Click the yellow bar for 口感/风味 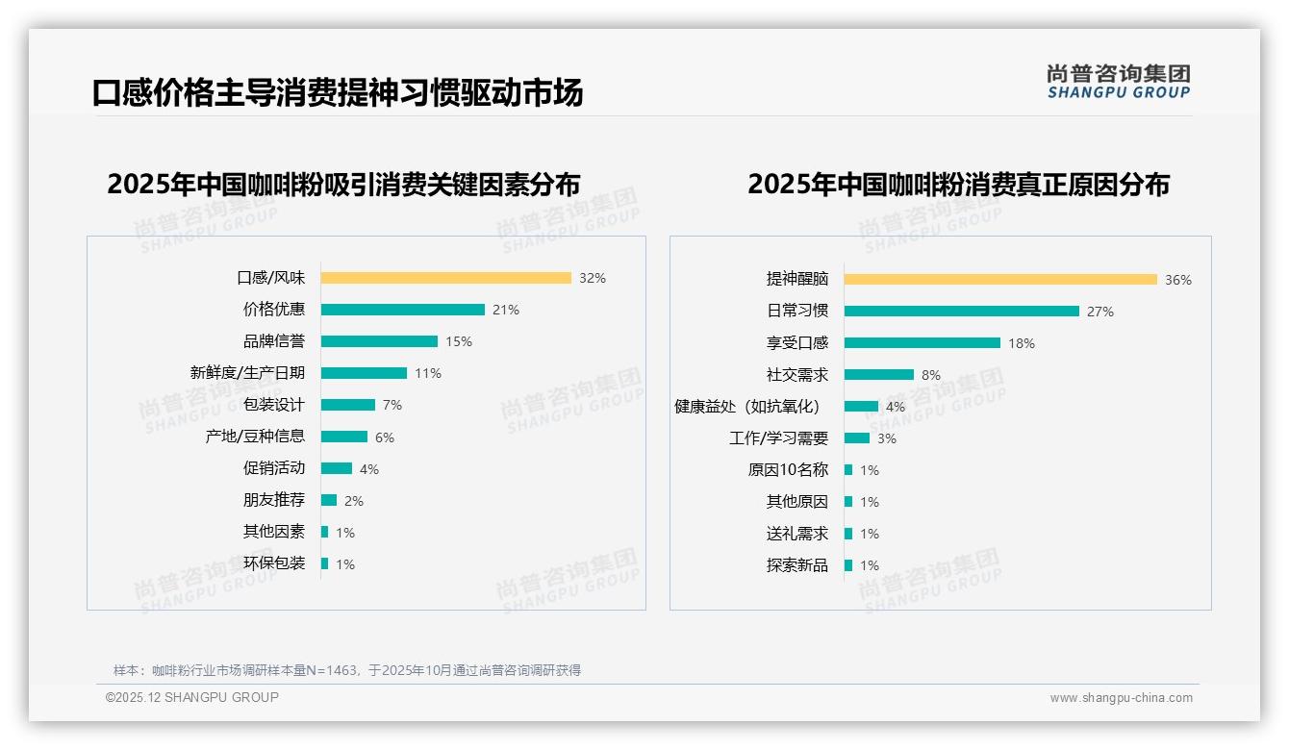[x=445, y=278]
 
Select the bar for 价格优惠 [x=402, y=310]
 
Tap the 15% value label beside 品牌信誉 [x=458, y=341]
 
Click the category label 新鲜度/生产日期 [x=247, y=373]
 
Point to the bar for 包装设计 [x=347, y=405]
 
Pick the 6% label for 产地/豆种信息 [x=384, y=437]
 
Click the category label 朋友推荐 [x=273, y=500]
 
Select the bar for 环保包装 [x=324, y=563]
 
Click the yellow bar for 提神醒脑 [x=1000, y=280]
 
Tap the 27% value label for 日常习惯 [x=1099, y=312]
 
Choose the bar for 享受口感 [x=922, y=343]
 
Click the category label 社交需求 [x=796, y=375]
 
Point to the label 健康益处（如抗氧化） [x=746, y=407]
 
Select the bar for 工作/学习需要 [x=856, y=438]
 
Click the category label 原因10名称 [x=787, y=470]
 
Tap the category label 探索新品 [x=796, y=565]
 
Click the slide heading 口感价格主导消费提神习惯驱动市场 [x=337, y=93]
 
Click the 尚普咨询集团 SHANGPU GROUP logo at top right [x=1118, y=82]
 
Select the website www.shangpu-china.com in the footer [x=1121, y=698]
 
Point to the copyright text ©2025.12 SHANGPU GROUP [x=192, y=697]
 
